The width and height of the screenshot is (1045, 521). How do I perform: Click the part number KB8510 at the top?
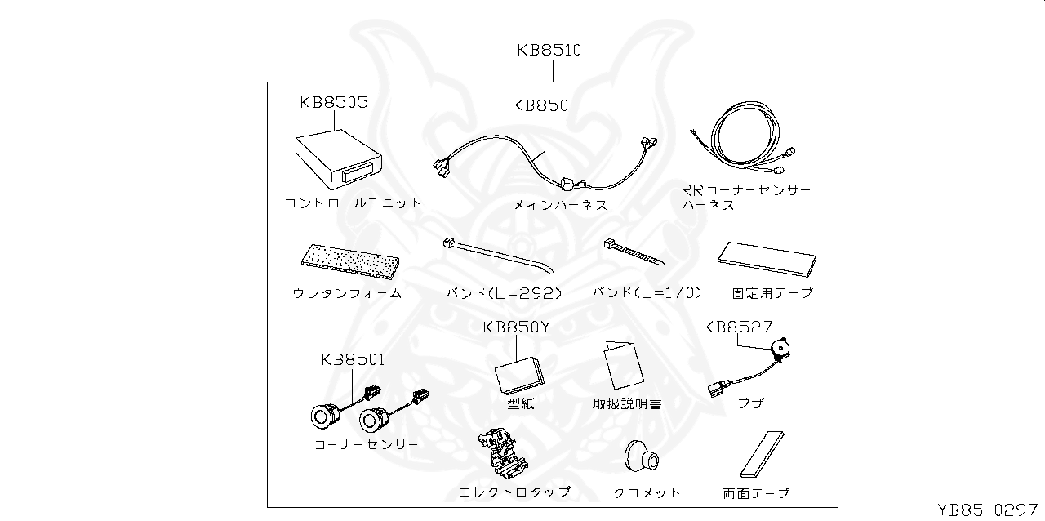tap(549, 50)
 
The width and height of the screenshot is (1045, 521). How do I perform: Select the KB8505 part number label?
tap(333, 103)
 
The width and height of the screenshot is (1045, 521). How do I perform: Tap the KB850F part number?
tap(545, 105)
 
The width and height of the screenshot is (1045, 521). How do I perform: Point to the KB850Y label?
tap(516, 327)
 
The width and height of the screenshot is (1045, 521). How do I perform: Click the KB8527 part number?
tap(738, 327)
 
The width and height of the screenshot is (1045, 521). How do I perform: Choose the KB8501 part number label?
tap(353, 359)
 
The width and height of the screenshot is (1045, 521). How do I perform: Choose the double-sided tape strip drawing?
tap(761, 454)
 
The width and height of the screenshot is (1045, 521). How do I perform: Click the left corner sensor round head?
tap(325, 416)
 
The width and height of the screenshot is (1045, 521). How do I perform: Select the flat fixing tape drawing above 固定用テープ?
tap(765, 260)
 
